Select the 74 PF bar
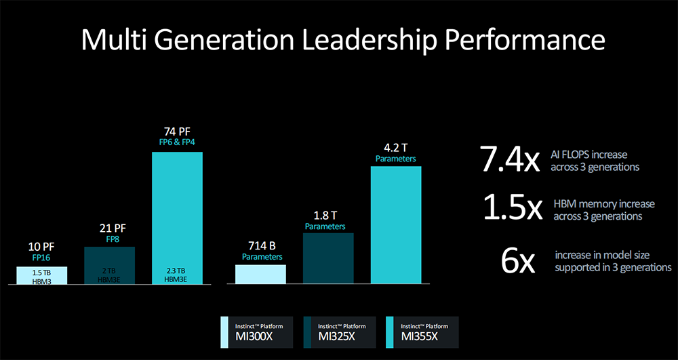point(177,210)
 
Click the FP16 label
point(41,258)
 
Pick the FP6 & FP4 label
point(177,142)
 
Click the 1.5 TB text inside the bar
point(41,272)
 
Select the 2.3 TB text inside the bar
point(177,272)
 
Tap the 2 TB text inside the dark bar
point(109,272)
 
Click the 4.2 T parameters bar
point(396,224)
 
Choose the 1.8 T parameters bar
point(328,258)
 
